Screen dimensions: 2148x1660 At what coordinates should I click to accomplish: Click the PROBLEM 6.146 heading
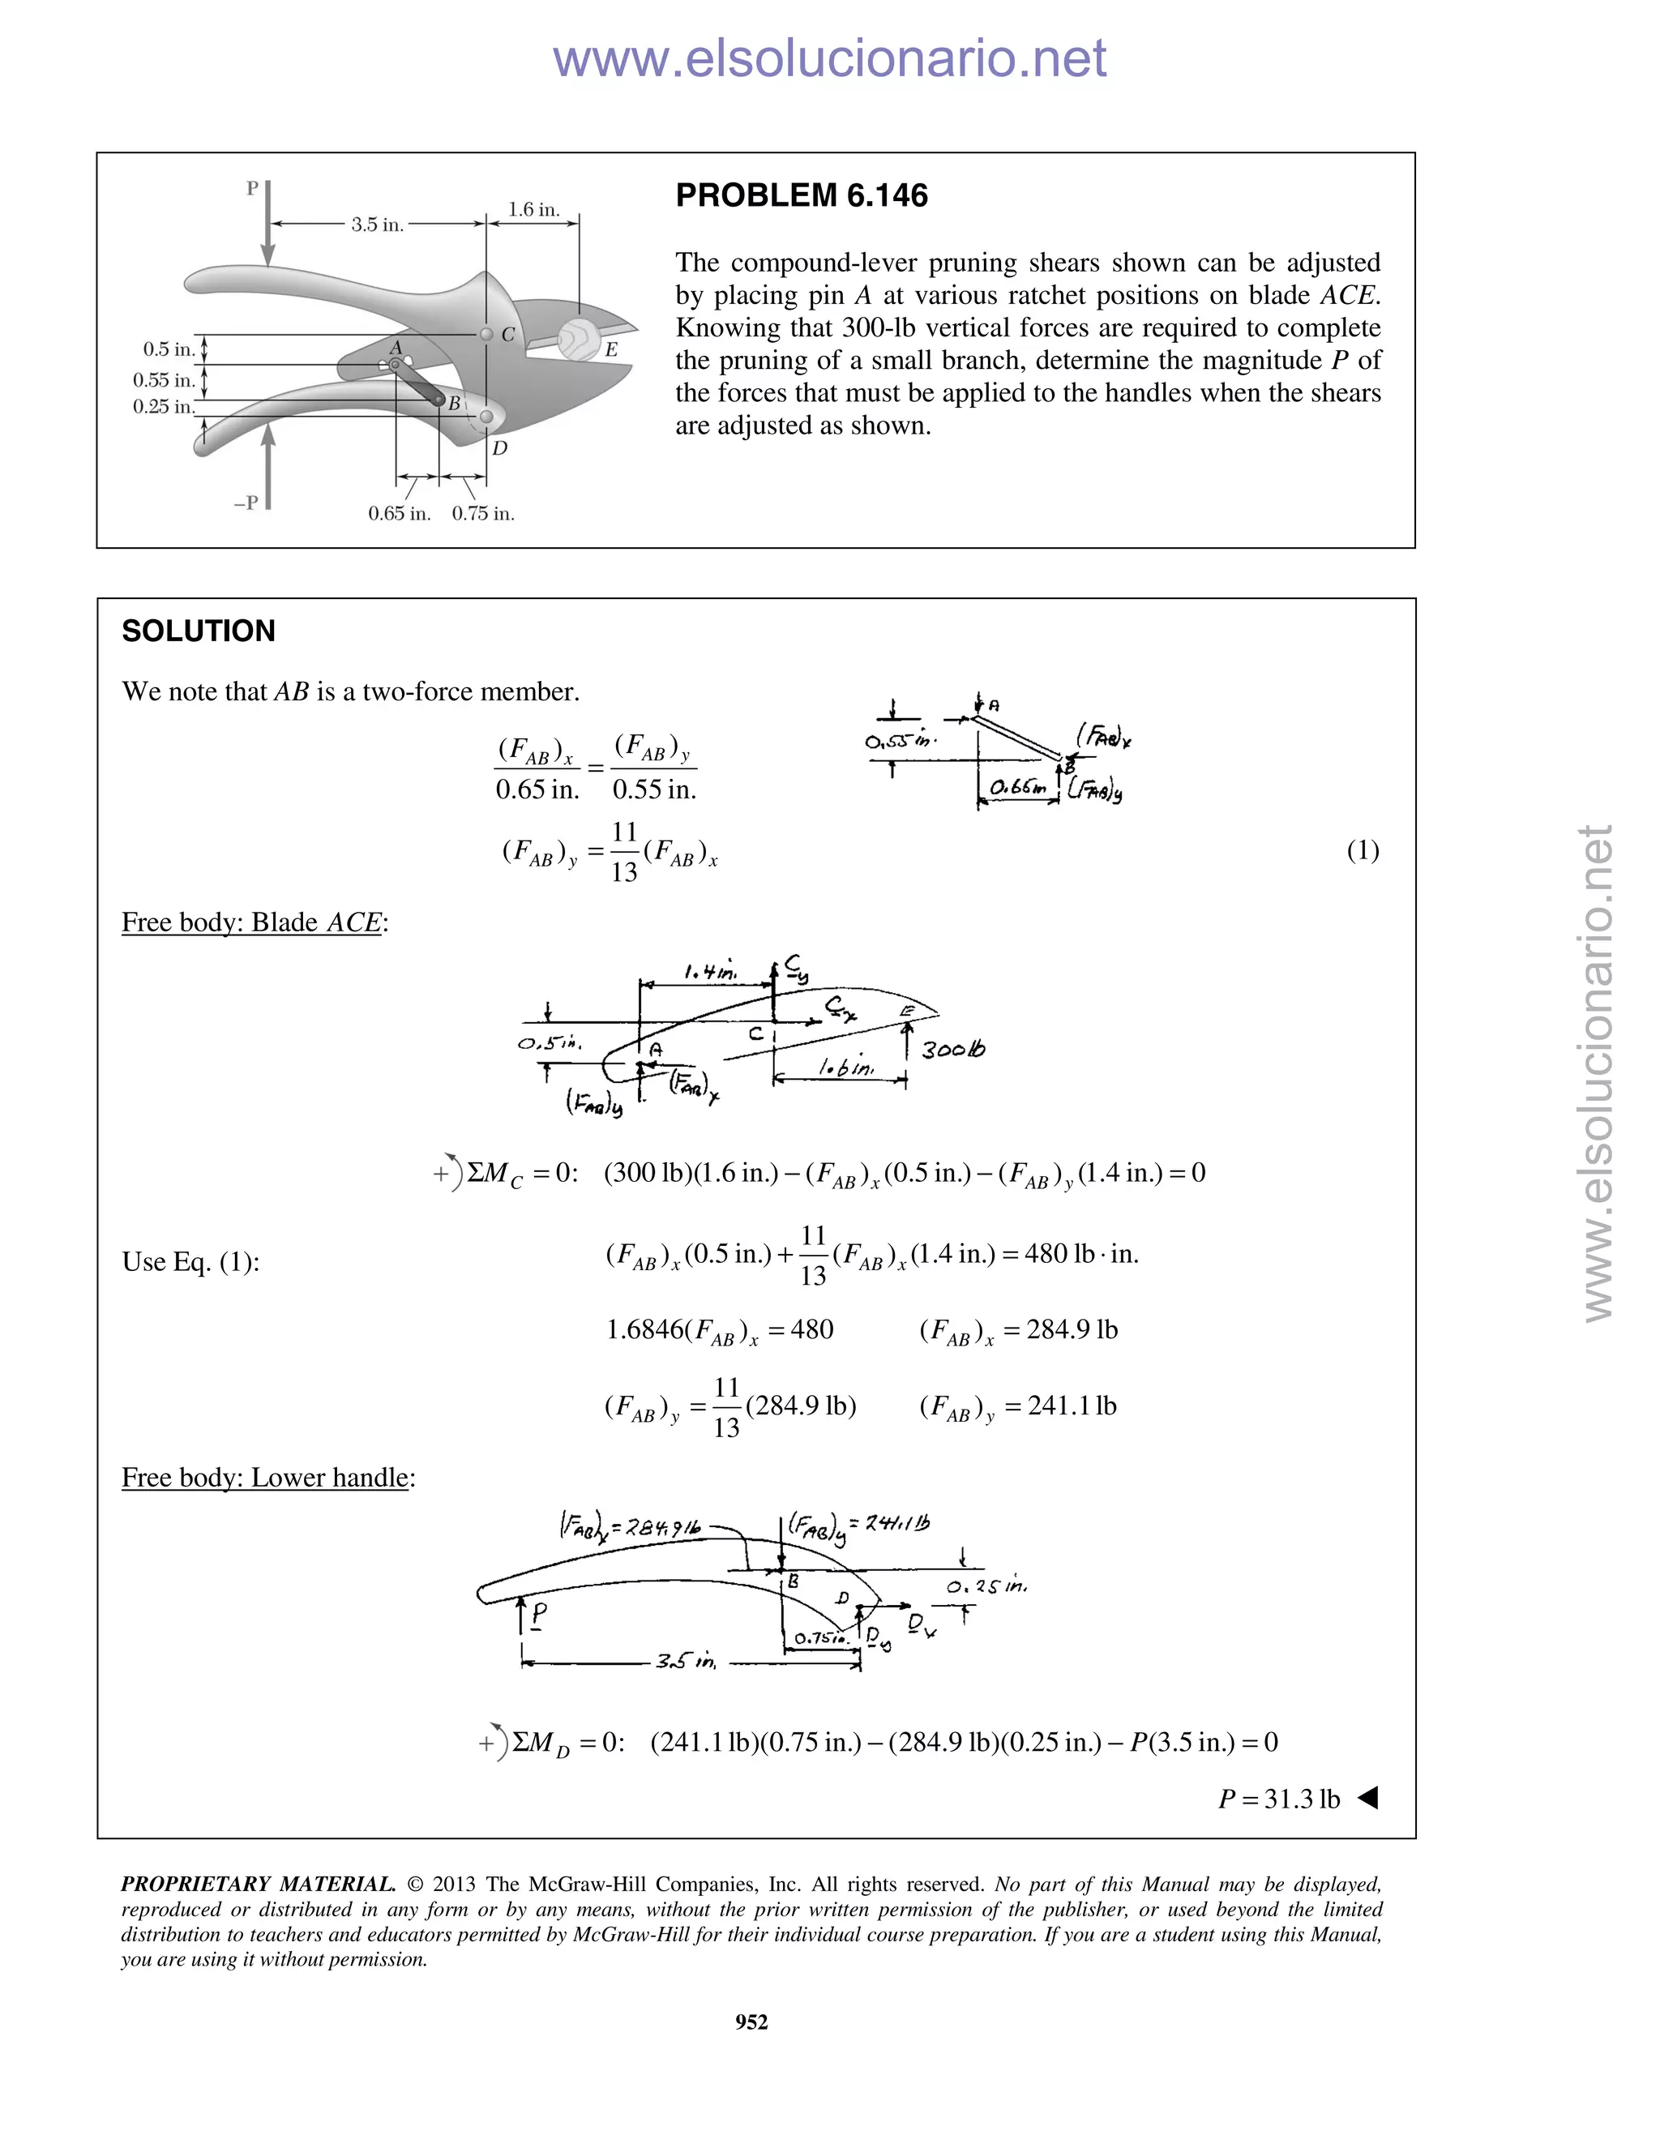click(x=801, y=195)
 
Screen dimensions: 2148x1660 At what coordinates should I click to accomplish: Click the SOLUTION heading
click(x=199, y=631)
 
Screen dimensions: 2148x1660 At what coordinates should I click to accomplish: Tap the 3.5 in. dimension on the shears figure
click(x=378, y=225)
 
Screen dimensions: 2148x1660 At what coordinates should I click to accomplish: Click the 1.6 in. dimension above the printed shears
click(x=533, y=209)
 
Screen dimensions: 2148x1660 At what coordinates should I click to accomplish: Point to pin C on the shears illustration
click(x=486, y=335)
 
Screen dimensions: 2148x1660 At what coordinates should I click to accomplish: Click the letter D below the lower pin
click(x=499, y=448)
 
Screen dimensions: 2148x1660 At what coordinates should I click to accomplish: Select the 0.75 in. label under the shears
click(x=483, y=513)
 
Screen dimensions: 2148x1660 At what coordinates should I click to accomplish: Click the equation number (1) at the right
click(x=1362, y=851)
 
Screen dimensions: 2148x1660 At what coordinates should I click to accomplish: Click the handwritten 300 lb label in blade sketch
click(x=952, y=1050)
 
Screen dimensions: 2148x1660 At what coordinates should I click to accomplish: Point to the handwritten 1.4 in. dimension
click(x=710, y=973)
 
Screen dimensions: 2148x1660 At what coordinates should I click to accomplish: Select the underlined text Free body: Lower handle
click(x=264, y=1477)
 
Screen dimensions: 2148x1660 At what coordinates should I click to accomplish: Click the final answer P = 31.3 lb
click(x=1278, y=1799)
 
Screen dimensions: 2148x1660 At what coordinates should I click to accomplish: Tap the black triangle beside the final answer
click(x=1368, y=1798)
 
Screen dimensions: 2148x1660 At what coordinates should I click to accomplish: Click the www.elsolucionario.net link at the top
click(x=829, y=59)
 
